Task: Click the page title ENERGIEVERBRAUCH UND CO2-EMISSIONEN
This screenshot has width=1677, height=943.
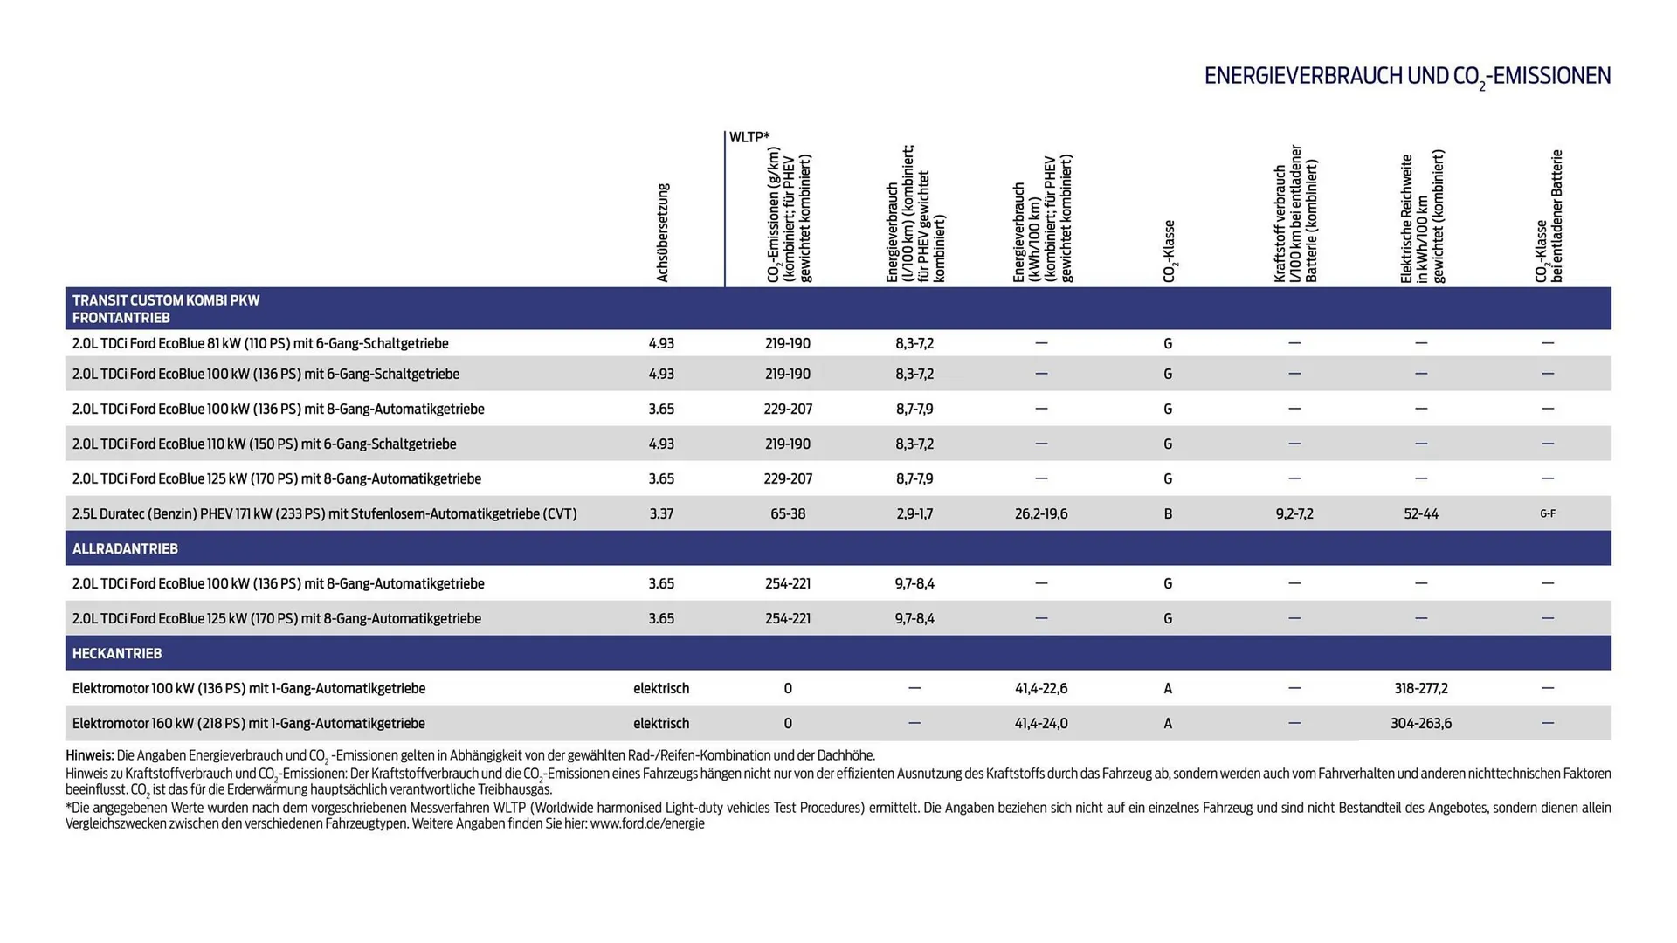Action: point(1407,77)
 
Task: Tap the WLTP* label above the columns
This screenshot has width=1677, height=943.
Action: point(749,137)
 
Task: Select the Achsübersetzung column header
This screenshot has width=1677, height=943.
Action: point(662,233)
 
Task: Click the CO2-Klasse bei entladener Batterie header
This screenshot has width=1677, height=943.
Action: point(1549,217)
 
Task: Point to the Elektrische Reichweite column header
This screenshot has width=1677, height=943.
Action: point(1421,218)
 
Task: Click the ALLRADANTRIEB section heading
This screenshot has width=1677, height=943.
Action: point(125,548)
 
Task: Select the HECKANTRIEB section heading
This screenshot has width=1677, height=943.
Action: point(117,653)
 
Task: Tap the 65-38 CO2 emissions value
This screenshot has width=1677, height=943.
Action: point(788,513)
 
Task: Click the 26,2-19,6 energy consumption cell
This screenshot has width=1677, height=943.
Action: point(1041,513)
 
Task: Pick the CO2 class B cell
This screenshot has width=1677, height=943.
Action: point(1168,513)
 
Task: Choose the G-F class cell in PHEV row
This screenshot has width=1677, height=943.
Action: point(1548,513)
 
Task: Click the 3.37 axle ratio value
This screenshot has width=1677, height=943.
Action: point(661,513)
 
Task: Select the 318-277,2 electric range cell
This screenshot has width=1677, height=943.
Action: point(1421,688)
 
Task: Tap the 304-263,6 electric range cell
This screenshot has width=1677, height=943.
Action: point(1421,723)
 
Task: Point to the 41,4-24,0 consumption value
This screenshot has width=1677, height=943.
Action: point(1041,723)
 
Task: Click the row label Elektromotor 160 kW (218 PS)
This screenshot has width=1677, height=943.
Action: point(249,723)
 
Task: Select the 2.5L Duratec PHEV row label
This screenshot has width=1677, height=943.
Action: point(324,513)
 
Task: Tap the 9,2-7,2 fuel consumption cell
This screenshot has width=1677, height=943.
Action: point(1294,513)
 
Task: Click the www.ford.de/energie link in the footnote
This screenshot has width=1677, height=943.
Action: point(647,823)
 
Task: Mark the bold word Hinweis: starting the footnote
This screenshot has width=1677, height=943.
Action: point(90,755)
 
